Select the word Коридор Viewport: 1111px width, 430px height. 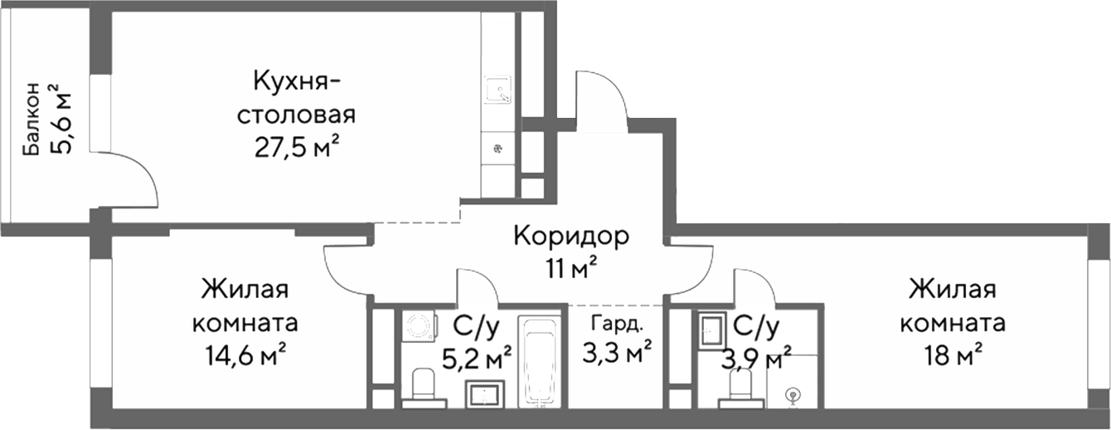[571, 237]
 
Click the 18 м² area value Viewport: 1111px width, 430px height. [956, 354]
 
